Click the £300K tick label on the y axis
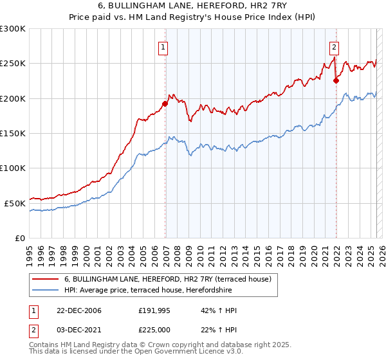point(13,29)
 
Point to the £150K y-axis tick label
point(13,133)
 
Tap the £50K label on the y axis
point(15,203)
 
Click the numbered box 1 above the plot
point(164,46)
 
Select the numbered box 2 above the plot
point(335,46)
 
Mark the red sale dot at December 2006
point(165,104)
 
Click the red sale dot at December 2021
point(335,80)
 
